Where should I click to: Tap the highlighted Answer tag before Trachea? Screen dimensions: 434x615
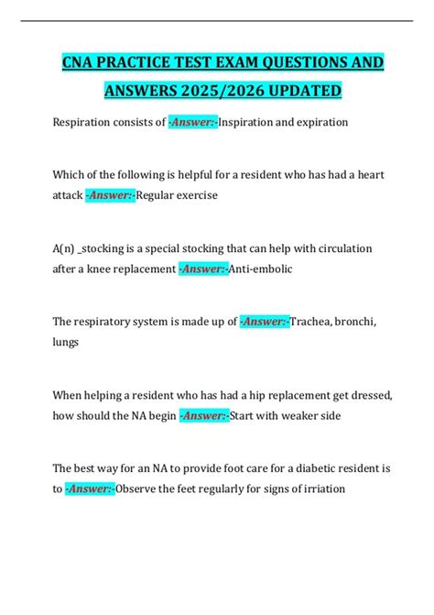[x=264, y=321]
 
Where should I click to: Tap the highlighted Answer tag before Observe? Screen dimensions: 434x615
[x=91, y=489]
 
